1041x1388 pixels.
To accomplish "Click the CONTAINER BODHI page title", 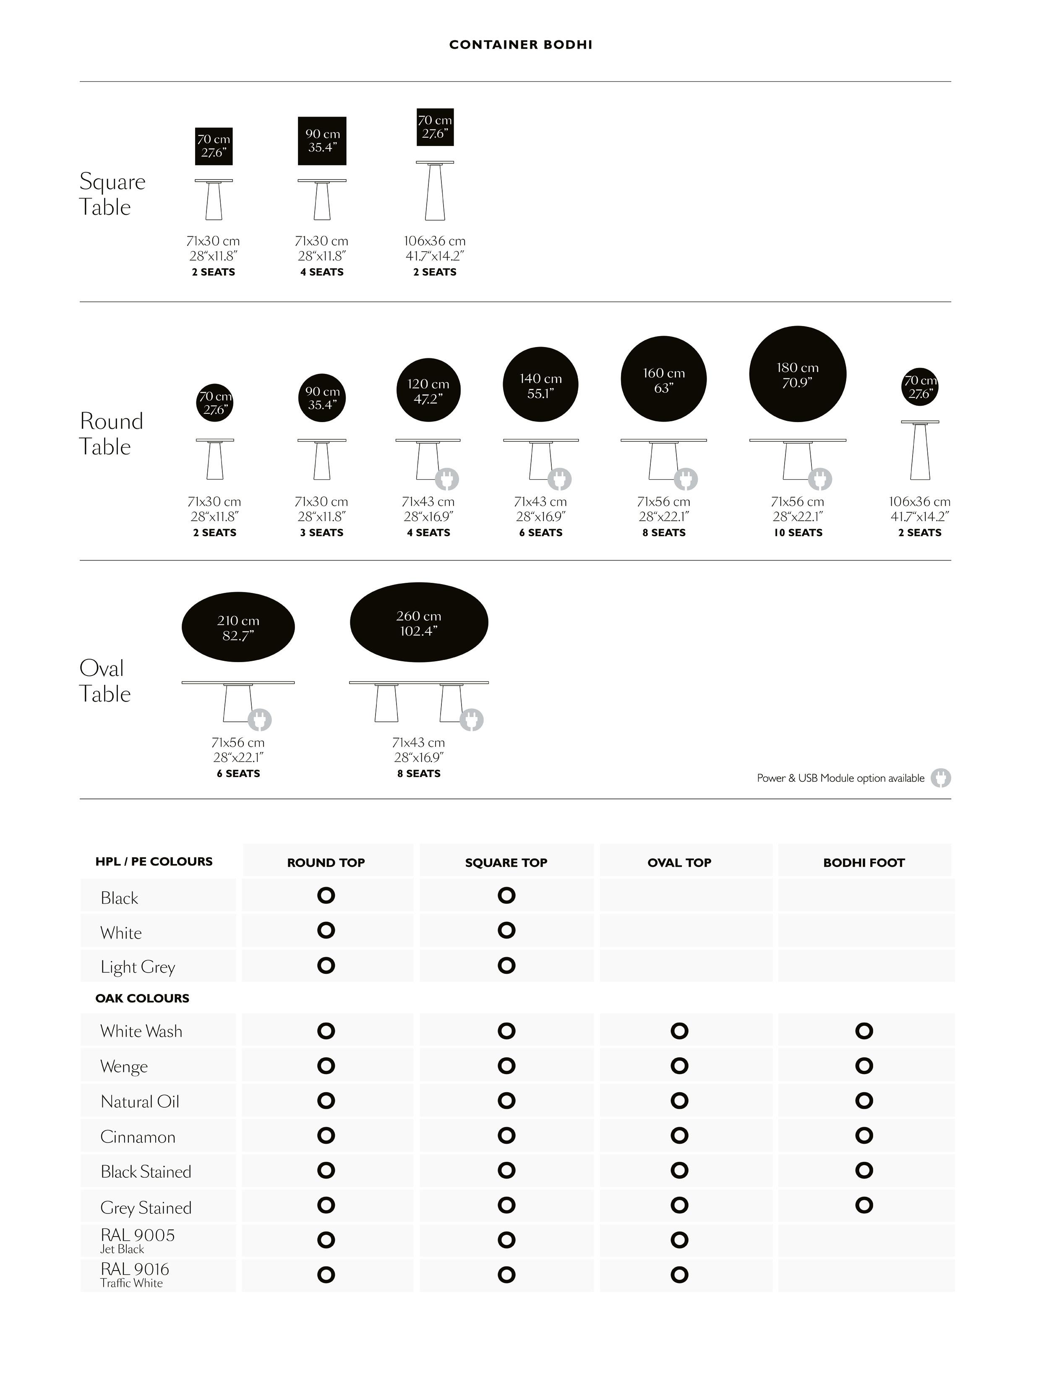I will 520,44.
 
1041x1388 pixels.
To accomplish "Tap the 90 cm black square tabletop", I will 322,141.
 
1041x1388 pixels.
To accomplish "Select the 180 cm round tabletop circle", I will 797,375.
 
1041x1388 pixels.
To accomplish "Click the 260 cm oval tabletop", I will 418,623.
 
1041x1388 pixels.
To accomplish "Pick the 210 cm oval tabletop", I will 238,627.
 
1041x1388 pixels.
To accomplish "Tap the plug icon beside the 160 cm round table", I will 686,480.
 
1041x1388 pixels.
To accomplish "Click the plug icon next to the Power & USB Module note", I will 940,778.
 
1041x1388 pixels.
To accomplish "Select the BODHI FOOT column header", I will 864,863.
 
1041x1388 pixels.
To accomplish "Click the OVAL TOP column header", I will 679,863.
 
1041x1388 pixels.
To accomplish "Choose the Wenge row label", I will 124,1067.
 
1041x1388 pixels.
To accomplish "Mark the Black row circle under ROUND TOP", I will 326,895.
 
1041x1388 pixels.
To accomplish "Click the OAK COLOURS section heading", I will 142,998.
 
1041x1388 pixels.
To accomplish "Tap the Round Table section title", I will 111,433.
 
